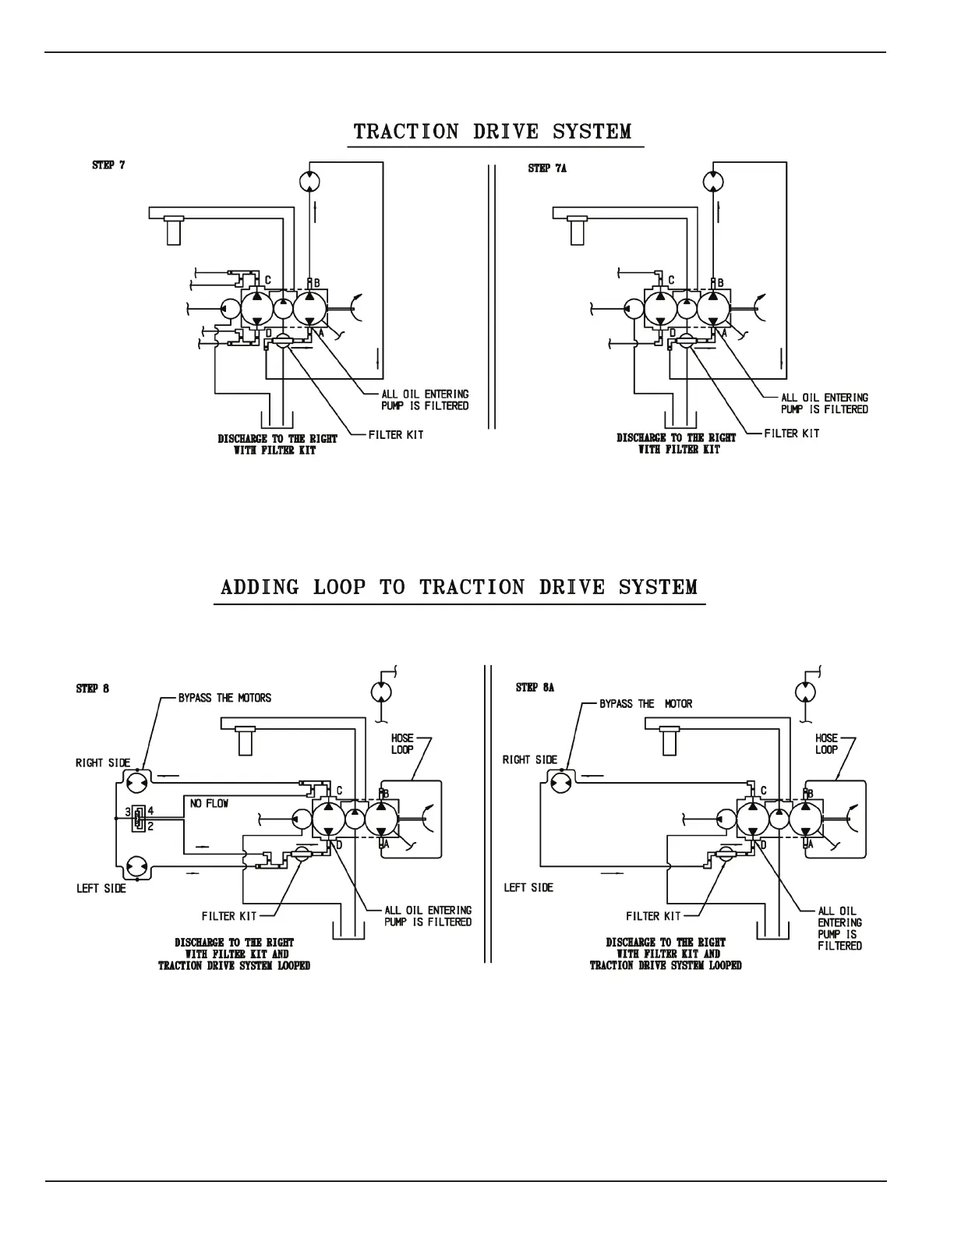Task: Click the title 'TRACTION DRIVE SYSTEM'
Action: click(493, 131)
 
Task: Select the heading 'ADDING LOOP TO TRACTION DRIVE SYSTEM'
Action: click(459, 587)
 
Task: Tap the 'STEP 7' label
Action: click(108, 165)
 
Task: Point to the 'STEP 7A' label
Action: click(547, 168)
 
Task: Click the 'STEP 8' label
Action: click(92, 688)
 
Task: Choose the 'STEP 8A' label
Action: click(535, 688)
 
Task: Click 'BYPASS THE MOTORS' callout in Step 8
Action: click(224, 698)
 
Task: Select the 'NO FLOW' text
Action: click(209, 803)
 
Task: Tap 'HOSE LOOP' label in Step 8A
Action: click(826, 744)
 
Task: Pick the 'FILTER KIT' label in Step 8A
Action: click(653, 916)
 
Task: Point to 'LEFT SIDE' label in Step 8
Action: click(101, 888)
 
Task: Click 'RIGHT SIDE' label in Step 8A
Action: click(530, 760)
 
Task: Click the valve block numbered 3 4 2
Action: click(139, 818)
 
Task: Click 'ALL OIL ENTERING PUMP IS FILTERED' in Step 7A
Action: click(824, 403)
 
